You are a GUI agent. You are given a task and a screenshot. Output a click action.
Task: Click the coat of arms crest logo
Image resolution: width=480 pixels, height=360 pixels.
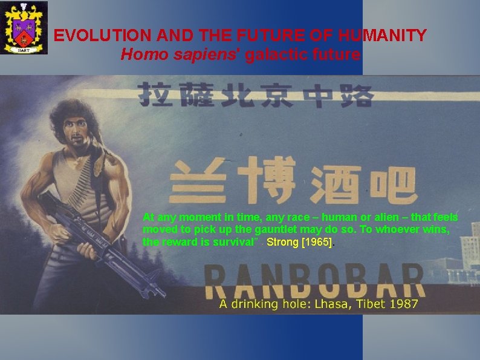pos(24,28)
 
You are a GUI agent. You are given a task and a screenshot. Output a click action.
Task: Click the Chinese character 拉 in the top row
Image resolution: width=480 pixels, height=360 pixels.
pos(154,95)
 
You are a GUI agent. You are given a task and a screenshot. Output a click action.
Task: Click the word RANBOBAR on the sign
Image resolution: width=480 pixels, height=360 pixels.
pos(314,279)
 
